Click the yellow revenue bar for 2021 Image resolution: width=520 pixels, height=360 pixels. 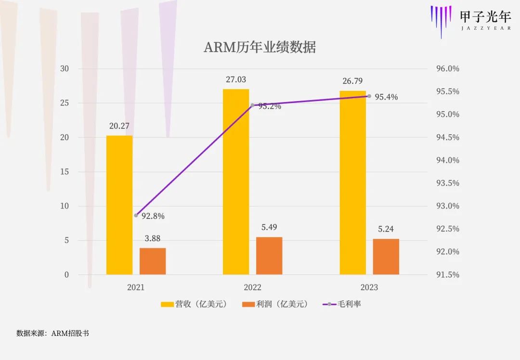coord(119,205)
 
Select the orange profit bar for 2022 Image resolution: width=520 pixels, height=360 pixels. coord(269,256)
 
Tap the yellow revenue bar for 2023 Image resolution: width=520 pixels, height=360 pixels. coord(352,182)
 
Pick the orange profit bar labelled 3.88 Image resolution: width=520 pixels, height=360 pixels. coord(153,261)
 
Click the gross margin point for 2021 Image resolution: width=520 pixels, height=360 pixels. coord(136,215)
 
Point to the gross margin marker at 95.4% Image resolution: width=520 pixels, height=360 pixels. coord(369,96)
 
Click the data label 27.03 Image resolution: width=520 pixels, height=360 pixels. coord(236,80)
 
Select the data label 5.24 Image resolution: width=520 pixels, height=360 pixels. coord(386,229)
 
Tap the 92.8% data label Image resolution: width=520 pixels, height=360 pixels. coord(153,216)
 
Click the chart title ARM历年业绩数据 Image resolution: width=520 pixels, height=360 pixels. coord(260,47)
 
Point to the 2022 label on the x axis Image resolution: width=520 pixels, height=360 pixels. coord(252,287)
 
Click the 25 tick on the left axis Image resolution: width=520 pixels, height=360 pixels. coord(65,103)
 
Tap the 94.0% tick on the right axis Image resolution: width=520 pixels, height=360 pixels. coord(448,160)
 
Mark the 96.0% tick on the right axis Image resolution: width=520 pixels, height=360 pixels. coord(448,69)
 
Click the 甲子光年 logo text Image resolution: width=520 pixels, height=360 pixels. coord(485,16)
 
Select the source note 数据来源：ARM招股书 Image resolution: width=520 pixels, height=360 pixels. coord(52,333)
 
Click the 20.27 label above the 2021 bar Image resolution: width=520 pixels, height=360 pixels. coord(119,126)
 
